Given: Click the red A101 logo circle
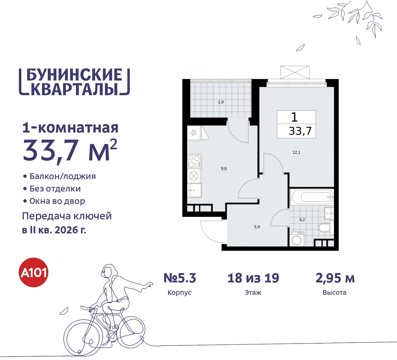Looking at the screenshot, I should [33, 272].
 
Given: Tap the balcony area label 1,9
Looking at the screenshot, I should [221, 102].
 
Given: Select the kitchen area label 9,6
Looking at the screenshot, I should [224, 169].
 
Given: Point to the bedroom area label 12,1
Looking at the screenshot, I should [297, 152].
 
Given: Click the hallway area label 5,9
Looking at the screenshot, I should [257, 227].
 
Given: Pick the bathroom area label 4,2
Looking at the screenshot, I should [302, 220].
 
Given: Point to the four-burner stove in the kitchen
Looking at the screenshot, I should [194, 161].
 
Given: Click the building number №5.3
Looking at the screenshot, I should [180, 278].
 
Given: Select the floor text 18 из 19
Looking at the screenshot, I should [253, 278].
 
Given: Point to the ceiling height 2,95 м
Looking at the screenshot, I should [335, 278].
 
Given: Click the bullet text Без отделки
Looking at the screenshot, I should [55, 189].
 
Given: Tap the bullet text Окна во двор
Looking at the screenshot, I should [57, 201].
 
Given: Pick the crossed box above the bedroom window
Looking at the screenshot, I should [295, 72].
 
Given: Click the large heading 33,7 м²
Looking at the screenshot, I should [70, 151].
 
